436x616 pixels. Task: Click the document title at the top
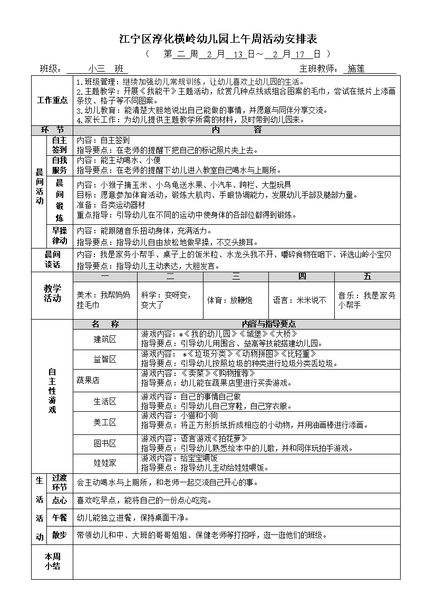point(218,39)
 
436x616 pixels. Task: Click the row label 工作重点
point(52,100)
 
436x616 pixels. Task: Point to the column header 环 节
point(52,130)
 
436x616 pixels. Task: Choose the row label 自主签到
point(60,145)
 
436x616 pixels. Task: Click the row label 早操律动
point(60,236)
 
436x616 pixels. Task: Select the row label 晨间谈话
point(52,260)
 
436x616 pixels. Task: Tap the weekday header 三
point(236,276)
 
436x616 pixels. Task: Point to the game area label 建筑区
point(105,339)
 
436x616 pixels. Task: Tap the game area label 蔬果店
point(88,380)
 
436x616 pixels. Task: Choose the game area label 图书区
point(105,444)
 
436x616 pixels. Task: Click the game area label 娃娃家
point(105,463)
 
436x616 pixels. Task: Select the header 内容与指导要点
point(268,324)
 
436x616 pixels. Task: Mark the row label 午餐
point(60,518)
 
